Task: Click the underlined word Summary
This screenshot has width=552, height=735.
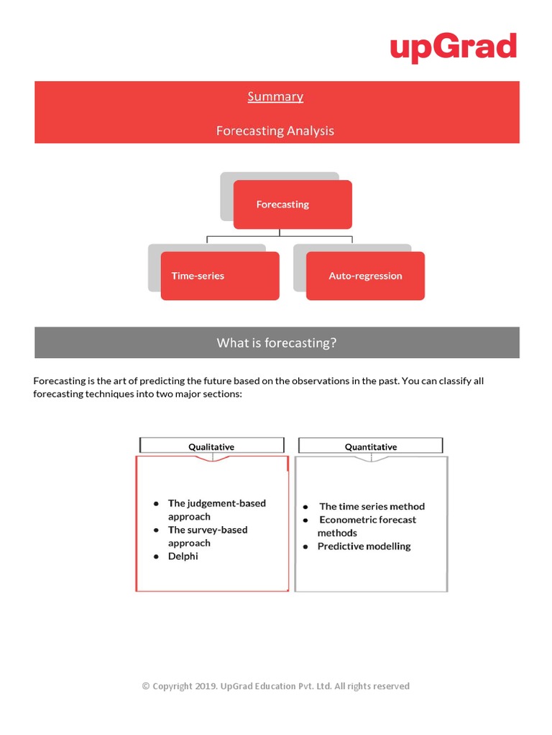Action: pyautogui.click(x=275, y=96)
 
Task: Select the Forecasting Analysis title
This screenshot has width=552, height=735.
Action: pyautogui.click(x=275, y=131)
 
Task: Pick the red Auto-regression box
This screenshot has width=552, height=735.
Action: pyautogui.click(x=365, y=276)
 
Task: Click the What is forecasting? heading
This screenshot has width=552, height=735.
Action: pyautogui.click(x=277, y=343)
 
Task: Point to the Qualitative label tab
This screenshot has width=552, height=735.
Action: pyautogui.click(x=211, y=446)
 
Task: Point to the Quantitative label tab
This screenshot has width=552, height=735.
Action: pyautogui.click(x=371, y=446)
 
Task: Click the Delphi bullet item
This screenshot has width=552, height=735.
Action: pyautogui.click(x=183, y=556)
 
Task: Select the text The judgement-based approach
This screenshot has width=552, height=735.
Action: pyautogui.click(x=216, y=510)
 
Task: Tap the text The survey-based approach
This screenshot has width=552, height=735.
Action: pyautogui.click(x=207, y=536)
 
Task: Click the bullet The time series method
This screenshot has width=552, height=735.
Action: pyautogui.click(x=372, y=506)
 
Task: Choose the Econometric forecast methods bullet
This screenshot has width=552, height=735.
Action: pyautogui.click(x=367, y=526)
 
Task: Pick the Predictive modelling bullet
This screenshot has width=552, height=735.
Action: pyautogui.click(x=364, y=546)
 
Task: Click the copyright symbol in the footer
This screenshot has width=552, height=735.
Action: pyautogui.click(x=146, y=686)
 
